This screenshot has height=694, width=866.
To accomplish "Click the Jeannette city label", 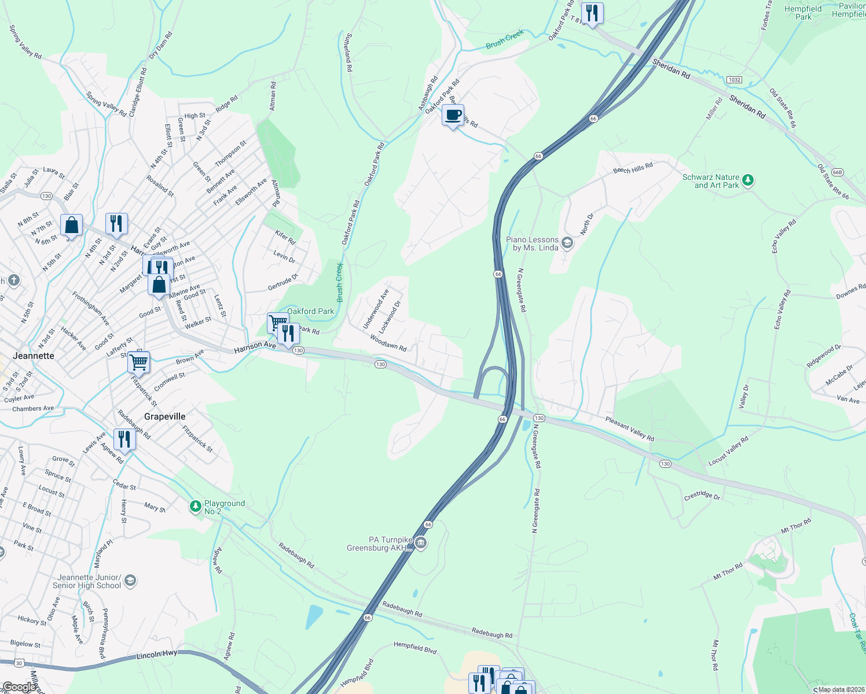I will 34,356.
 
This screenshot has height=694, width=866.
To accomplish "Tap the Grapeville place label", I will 164,416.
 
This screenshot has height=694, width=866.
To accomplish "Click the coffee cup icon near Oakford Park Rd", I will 453,115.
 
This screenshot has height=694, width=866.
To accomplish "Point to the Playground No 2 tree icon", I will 196,507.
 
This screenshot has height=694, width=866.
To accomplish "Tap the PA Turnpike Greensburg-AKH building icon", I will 421,542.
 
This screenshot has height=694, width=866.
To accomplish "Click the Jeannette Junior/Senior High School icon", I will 130,581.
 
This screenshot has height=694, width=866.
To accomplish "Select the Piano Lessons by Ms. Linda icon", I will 567,243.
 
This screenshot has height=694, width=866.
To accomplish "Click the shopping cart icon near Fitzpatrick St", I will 138,363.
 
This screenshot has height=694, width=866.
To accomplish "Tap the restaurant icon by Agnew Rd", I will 124,440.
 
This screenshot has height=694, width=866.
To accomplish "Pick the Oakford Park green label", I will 311,311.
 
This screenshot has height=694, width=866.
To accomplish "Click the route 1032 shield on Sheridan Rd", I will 734,79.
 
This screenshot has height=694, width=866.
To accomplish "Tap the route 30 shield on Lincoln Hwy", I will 19,662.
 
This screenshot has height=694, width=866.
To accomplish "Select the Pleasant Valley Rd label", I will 629,429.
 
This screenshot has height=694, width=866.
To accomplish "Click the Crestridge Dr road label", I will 702,496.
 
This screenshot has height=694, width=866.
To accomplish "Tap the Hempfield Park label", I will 803,13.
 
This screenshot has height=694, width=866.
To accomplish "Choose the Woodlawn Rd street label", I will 388,344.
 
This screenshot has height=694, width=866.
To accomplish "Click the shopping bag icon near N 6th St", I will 71,225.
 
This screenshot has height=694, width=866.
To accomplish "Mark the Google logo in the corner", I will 19,686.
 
